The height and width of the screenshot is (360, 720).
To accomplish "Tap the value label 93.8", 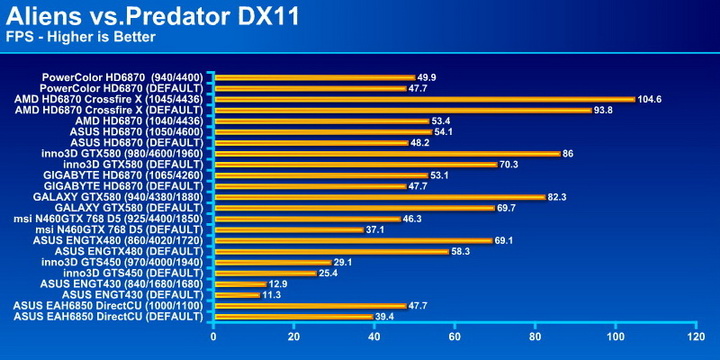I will [x=604, y=110].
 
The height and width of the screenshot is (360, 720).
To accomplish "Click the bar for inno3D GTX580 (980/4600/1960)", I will [x=386, y=153].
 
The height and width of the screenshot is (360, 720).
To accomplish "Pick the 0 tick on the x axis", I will [x=214, y=337].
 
